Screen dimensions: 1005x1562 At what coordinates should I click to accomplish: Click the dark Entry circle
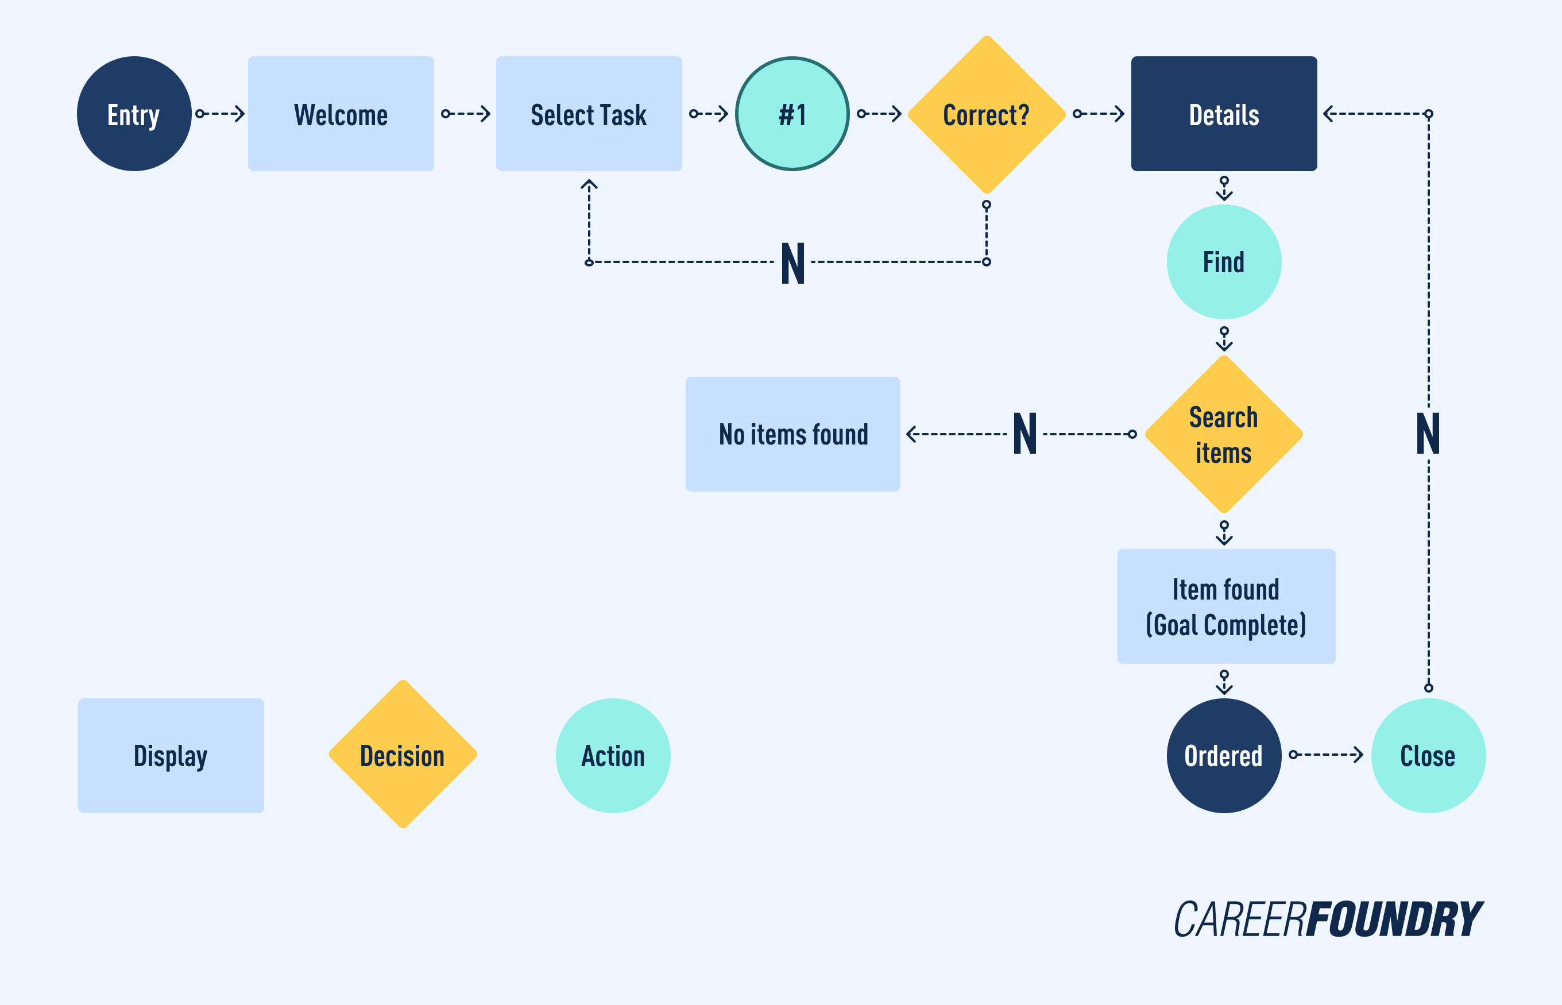134,114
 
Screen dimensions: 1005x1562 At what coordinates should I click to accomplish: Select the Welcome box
341,114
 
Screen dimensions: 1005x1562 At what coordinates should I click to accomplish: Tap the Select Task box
589,114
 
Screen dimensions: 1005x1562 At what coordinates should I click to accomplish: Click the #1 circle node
792,114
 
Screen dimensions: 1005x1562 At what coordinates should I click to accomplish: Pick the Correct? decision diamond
987,114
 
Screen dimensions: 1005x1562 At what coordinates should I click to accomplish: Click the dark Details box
1223,114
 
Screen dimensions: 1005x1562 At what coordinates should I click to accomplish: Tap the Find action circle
1223,262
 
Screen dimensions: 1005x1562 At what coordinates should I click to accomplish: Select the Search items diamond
1223,434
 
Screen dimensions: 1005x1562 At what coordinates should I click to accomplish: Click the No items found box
792,434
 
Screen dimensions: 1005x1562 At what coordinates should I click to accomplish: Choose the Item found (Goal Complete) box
1225,606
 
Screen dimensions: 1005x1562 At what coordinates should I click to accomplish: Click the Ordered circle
1223,755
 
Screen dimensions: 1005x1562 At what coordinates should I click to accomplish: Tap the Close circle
1428,755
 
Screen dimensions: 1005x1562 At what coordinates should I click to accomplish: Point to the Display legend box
171,755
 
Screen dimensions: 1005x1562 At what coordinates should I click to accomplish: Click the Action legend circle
613,755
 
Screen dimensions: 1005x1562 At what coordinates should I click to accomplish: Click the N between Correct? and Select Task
792,263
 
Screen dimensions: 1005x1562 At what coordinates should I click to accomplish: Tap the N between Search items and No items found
1024,434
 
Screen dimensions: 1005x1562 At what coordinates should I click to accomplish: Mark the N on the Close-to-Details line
1428,434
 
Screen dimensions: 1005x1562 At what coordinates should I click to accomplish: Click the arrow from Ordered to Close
1327,755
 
